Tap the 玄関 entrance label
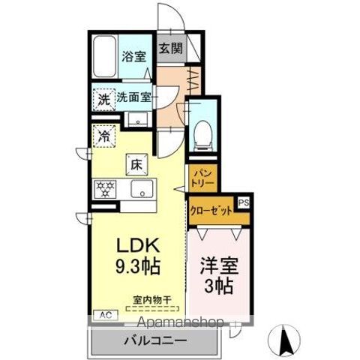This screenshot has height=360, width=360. (x=170, y=49)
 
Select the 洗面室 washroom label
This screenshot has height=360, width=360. (x=136, y=97)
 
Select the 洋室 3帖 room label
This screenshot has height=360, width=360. (x=217, y=275)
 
